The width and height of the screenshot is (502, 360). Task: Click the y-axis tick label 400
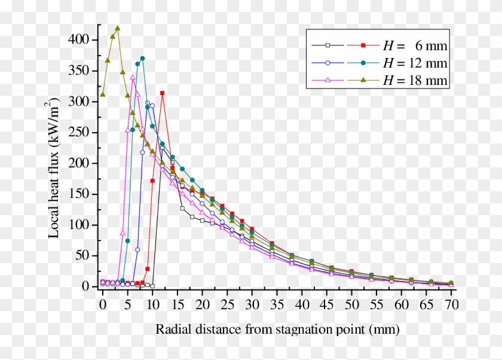tap(81, 40)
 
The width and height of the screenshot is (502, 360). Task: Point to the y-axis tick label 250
tap(81, 133)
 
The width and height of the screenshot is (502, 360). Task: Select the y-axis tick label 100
tap(81, 225)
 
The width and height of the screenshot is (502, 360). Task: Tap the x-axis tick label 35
tap(277, 304)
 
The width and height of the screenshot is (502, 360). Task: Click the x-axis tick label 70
tap(451, 304)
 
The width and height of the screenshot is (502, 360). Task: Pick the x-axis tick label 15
tap(177, 304)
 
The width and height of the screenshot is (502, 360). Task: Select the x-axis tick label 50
tap(351, 304)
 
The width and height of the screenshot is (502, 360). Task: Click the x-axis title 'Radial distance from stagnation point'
tap(277, 330)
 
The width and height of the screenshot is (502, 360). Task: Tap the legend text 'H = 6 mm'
tap(415, 45)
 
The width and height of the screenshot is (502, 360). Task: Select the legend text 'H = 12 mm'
tap(415, 63)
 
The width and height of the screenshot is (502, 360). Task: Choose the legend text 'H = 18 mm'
tap(415, 81)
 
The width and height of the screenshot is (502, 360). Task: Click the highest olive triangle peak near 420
tap(118, 28)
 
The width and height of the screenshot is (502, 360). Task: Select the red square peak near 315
tap(163, 93)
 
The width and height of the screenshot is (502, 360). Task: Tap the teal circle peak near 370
tap(142, 58)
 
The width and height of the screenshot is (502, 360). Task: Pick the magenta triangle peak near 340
tap(133, 77)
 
